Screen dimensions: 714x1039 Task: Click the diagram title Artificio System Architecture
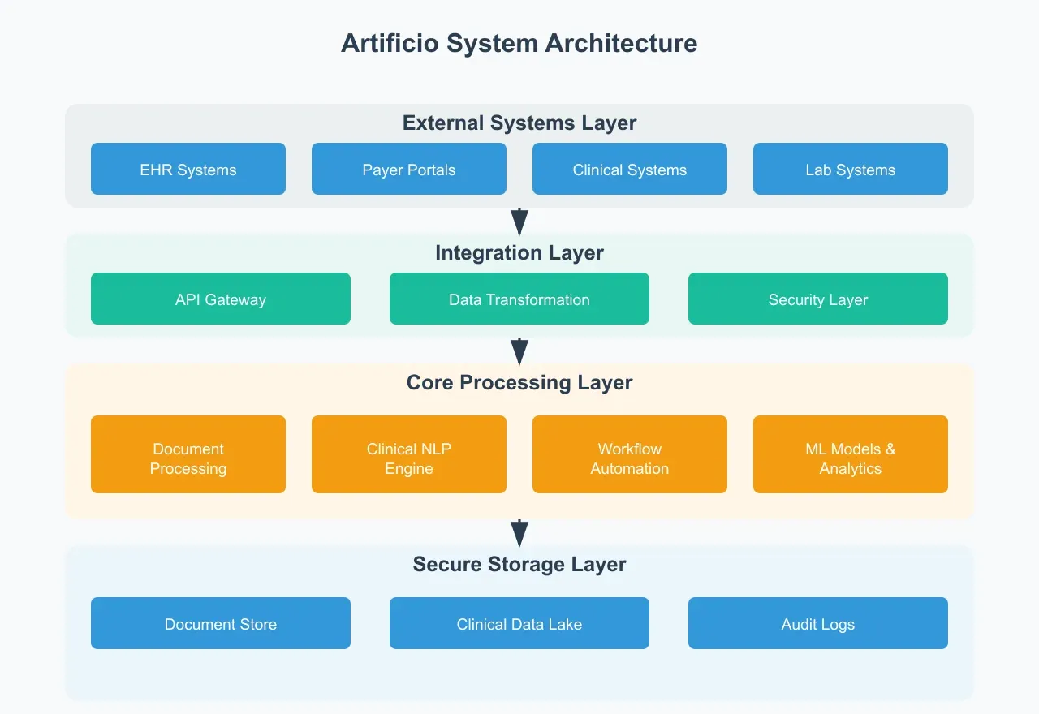519,43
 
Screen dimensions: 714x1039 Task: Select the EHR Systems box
188,169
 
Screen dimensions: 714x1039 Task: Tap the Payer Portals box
409,169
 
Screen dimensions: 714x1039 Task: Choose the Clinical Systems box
630,169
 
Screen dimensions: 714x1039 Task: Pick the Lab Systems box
851,169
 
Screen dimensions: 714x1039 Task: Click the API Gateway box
221,299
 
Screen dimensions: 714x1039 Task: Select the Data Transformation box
519,299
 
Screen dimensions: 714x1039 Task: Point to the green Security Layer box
818,299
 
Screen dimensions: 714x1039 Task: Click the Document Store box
221,623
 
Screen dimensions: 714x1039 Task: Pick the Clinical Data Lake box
519,623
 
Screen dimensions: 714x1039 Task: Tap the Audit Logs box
818,623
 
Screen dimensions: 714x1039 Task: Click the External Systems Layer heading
519,123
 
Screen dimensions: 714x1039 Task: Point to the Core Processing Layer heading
519,383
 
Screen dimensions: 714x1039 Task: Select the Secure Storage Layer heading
519,565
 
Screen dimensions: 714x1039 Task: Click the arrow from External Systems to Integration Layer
519,222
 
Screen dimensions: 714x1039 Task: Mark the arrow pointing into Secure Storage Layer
519,533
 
